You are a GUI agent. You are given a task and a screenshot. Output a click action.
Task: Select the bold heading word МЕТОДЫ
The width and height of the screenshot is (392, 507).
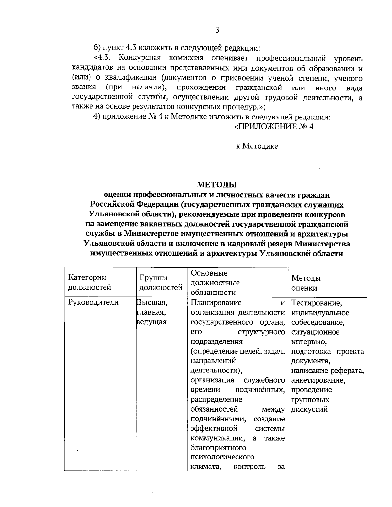coord(217,185)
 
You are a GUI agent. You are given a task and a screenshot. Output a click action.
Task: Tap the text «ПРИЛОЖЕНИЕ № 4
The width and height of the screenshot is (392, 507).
coord(274,127)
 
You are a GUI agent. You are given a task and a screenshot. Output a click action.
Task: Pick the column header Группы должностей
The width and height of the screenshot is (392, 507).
coord(161,282)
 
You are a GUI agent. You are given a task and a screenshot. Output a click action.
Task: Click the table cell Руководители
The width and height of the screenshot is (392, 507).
coord(93,303)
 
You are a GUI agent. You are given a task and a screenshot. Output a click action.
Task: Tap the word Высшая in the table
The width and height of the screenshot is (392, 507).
coord(152,303)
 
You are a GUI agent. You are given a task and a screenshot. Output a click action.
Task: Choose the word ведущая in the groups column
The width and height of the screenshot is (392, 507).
coord(152,322)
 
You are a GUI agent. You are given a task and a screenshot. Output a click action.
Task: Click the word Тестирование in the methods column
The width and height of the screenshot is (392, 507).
coord(316,303)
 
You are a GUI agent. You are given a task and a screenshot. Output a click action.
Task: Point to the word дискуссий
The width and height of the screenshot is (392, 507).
coord(309,409)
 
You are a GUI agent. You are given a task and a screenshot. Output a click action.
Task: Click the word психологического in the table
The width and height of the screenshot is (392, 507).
coord(222,457)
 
